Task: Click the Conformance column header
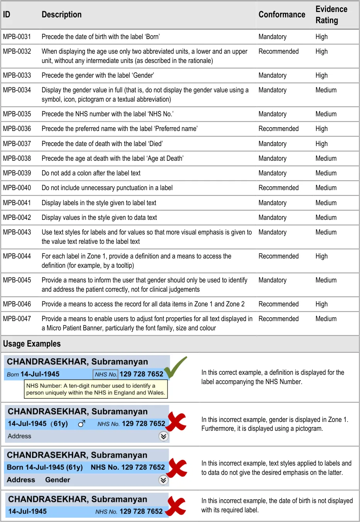(282, 15)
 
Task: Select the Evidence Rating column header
(331, 15)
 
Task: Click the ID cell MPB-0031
(17, 37)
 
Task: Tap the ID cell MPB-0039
(17, 173)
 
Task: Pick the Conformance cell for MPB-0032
(278, 51)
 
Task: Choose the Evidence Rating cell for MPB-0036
(321, 129)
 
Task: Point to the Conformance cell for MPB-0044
(278, 256)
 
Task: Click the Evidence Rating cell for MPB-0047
(326, 319)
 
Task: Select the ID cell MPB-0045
(17, 280)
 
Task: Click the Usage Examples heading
(32, 344)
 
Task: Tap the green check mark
(177, 367)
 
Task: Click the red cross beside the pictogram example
(177, 422)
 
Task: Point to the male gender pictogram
(82, 424)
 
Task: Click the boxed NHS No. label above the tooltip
(106, 374)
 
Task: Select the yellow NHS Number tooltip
(96, 389)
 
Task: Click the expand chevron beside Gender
(163, 480)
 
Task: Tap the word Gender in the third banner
(58, 480)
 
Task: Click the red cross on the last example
(176, 506)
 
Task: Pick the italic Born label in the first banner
(13, 374)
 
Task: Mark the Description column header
(61, 15)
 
